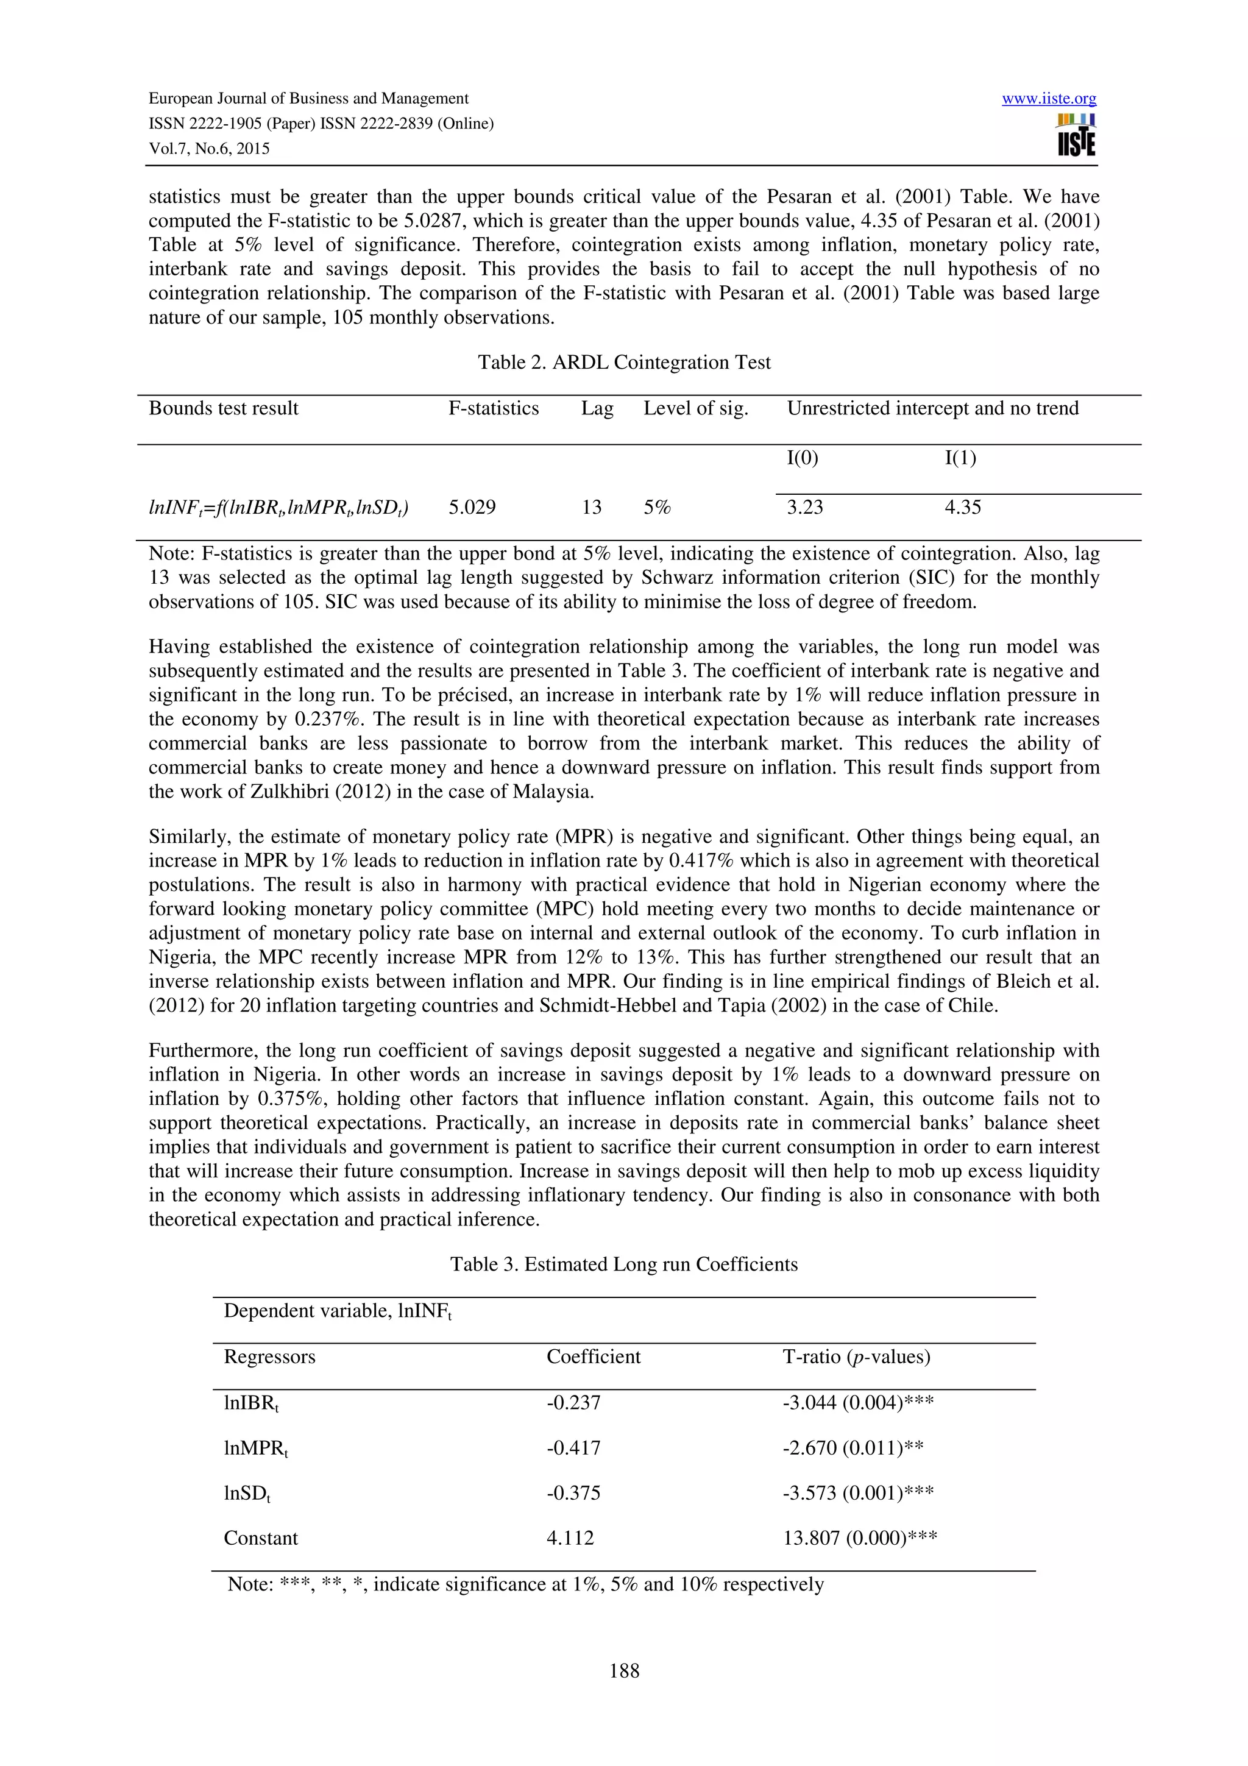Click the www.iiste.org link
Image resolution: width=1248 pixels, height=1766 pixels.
pyautogui.click(x=1049, y=99)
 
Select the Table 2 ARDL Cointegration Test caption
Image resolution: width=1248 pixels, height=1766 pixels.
pyautogui.click(x=623, y=362)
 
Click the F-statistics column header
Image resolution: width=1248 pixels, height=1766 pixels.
pyautogui.click(x=494, y=408)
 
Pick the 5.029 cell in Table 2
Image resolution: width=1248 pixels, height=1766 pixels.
pyautogui.click(x=472, y=508)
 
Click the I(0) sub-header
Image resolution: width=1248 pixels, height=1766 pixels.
pyautogui.click(x=802, y=458)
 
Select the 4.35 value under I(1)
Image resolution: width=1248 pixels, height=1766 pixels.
pyautogui.click(x=963, y=508)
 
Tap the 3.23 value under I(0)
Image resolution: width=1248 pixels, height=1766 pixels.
pyautogui.click(x=804, y=508)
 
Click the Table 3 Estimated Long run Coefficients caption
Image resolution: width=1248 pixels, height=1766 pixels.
pyautogui.click(x=623, y=1264)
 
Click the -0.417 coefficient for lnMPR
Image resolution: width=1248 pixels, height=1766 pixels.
pyautogui.click(x=573, y=1447)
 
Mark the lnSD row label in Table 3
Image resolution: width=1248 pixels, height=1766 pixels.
pyautogui.click(x=247, y=1494)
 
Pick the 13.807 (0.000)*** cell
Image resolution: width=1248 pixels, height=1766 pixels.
pyautogui.click(x=860, y=1538)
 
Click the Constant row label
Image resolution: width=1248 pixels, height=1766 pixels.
pyautogui.click(x=261, y=1538)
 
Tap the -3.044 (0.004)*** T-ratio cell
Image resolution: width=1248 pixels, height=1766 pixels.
pyautogui.click(x=858, y=1402)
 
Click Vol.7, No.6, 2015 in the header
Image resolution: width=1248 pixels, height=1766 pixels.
pyautogui.click(x=209, y=149)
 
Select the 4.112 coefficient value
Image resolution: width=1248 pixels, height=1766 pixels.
pyautogui.click(x=570, y=1538)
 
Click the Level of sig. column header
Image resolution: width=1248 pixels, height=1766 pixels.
pyautogui.click(x=695, y=408)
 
